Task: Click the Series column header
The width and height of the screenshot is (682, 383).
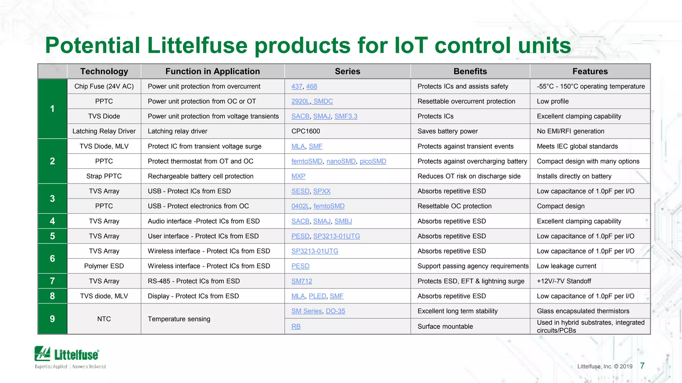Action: (x=347, y=71)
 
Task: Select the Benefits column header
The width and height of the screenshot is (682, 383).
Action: (x=470, y=71)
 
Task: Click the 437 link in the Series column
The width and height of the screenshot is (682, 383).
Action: (x=296, y=86)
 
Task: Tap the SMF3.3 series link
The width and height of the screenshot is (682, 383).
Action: (x=346, y=116)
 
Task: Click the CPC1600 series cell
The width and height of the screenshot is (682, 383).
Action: (x=305, y=131)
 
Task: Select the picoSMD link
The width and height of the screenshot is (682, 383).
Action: (x=373, y=161)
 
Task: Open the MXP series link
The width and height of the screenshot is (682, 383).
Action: (x=298, y=176)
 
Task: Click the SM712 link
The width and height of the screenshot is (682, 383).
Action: (x=301, y=281)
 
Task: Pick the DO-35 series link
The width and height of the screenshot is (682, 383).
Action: (x=335, y=311)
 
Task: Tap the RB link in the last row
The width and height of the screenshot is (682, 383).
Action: (x=296, y=326)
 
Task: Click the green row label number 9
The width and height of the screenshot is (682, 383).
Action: (x=52, y=319)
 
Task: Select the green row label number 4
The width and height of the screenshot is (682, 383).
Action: (x=52, y=221)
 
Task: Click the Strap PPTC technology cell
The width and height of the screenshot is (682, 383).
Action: (x=104, y=176)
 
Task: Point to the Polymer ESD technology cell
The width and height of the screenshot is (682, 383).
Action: (x=104, y=266)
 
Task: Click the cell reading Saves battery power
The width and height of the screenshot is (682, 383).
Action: (x=447, y=131)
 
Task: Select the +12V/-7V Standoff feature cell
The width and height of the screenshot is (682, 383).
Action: (x=563, y=281)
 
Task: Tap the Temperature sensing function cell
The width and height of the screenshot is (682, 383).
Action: (x=179, y=319)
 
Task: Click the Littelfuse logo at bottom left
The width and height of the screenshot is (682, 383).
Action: (x=67, y=355)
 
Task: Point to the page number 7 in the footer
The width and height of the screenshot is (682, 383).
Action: (x=642, y=366)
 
